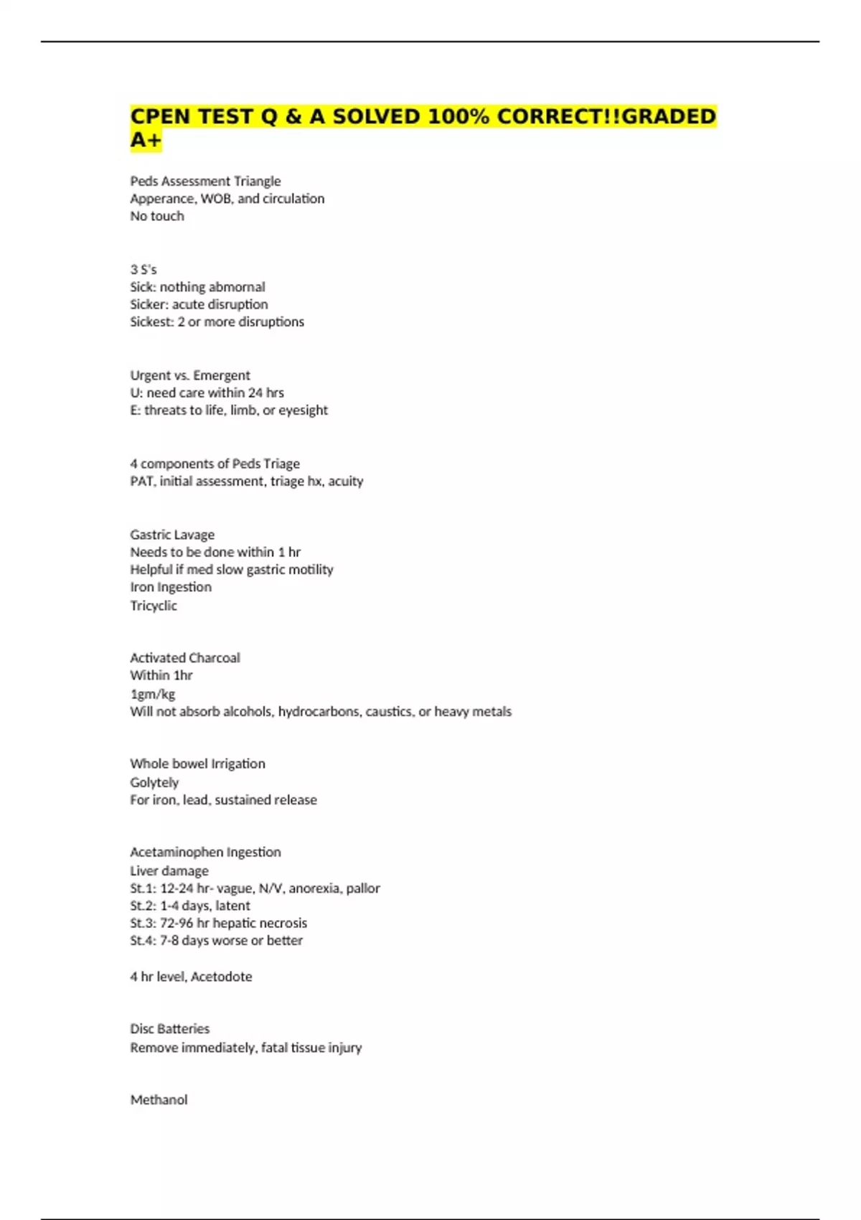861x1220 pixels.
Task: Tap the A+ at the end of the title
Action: [x=146, y=140]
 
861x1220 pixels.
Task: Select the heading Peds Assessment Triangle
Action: [x=205, y=181]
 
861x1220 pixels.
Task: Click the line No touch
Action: [x=156, y=216]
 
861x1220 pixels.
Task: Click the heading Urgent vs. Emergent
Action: [x=190, y=375]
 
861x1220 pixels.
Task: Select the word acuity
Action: [x=345, y=481]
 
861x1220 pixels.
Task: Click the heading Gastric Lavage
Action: [x=172, y=535]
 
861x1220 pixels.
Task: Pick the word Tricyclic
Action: [x=154, y=605]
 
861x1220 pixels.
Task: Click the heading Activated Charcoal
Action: [x=185, y=657]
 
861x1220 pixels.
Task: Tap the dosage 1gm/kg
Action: [x=152, y=693]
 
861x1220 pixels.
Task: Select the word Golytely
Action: [x=154, y=782]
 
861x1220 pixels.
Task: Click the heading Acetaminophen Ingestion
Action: [x=205, y=852]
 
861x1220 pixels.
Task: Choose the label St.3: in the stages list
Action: [x=143, y=923]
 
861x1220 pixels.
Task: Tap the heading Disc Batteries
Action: [x=170, y=1028]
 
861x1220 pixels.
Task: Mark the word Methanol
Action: [x=159, y=1099]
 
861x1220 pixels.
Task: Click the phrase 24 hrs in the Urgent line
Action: [x=265, y=393]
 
